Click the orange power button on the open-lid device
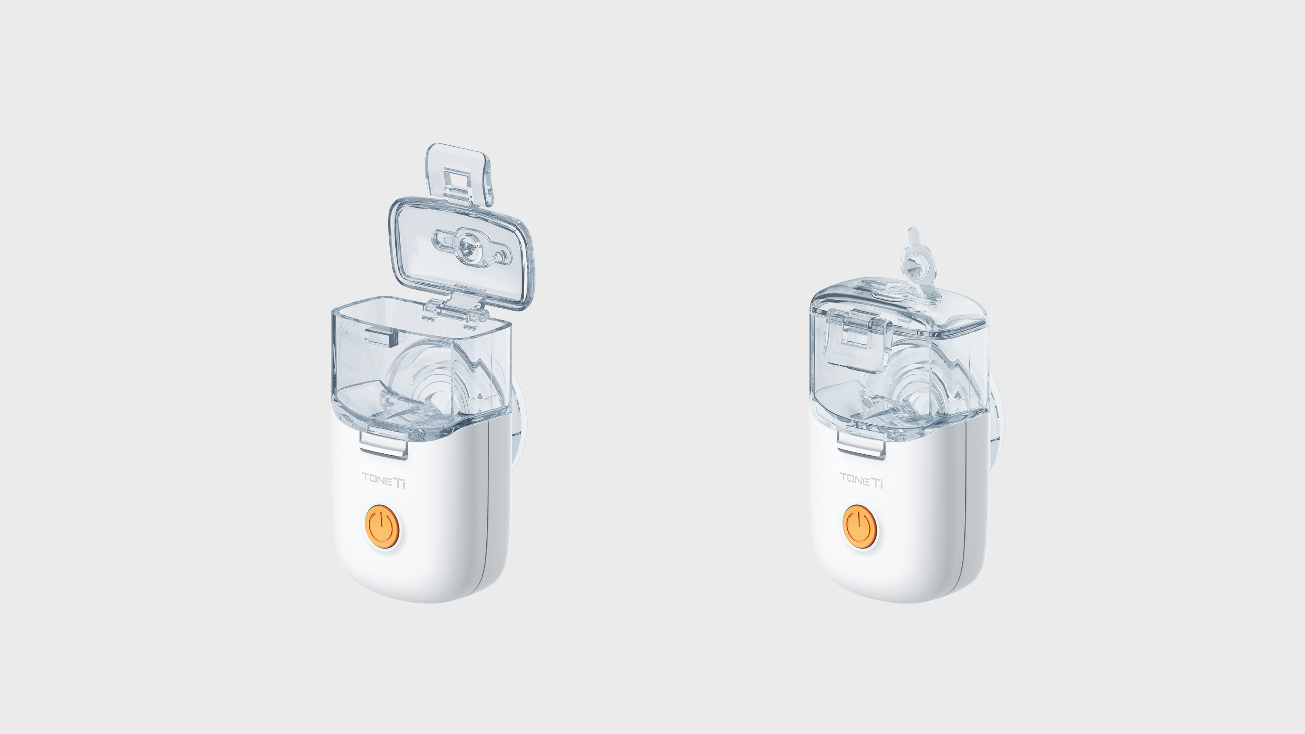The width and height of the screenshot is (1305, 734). click(382, 527)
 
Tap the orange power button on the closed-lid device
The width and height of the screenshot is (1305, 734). click(860, 527)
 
